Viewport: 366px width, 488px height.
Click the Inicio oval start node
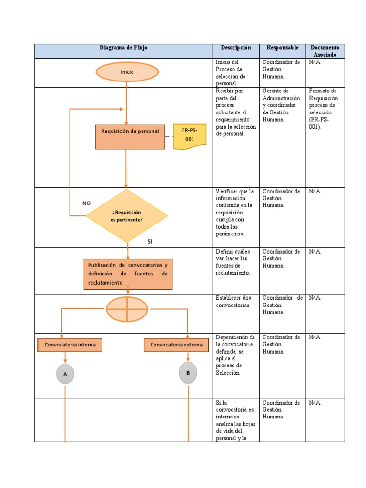click(x=127, y=72)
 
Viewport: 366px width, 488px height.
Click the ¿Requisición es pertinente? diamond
click(x=127, y=216)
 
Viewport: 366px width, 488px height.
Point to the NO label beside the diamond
click(x=86, y=203)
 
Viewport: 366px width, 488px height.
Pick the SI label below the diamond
click(x=150, y=242)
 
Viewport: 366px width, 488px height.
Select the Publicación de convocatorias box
click(x=128, y=274)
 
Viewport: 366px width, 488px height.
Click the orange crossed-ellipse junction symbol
click(x=127, y=309)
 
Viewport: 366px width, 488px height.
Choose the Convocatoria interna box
click(x=70, y=345)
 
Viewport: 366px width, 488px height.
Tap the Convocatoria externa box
click(x=176, y=345)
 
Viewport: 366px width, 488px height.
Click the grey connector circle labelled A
click(x=65, y=374)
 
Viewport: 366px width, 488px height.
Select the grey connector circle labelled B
click(x=188, y=373)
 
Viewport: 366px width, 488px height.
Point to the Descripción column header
click(x=235, y=48)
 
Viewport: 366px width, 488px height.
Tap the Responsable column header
click(x=283, y=48)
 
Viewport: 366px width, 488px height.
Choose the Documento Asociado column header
click(x=325, y=51)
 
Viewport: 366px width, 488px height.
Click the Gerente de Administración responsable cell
click(x=281, y=105)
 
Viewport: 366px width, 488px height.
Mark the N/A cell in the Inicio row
click(x=315, y=62)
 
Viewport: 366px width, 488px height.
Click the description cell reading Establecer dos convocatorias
click(x=234, y=302)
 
